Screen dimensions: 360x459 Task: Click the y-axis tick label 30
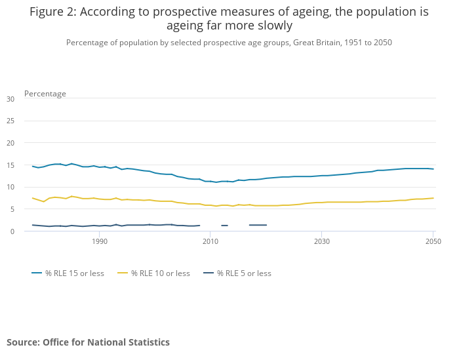point(10,99)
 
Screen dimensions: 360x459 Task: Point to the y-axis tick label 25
point(10,121)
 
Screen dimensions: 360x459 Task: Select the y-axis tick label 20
point(10,143)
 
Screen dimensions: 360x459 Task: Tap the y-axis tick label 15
point(10,165)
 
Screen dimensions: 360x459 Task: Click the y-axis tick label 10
point(10,187)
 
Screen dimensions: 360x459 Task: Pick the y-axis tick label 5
point(12,209)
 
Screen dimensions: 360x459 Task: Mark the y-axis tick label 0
point(12,231)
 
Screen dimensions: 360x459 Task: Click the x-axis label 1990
point(100,242)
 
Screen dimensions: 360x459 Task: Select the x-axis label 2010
point(210,242)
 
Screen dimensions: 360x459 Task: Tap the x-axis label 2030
point(321,242)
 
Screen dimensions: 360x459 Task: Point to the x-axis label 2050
point(432,242)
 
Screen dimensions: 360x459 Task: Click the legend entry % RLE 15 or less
point(74,273)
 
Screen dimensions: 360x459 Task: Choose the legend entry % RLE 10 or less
point(160,273)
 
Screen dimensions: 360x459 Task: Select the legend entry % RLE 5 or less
point(244,273)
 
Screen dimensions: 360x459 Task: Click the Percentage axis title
point(45,94)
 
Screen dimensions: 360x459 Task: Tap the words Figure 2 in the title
point(54,12)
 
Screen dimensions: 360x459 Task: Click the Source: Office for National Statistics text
point(88,342)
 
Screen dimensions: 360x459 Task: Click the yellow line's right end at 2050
point(433,198)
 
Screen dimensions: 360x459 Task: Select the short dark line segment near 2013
point(224,226)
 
